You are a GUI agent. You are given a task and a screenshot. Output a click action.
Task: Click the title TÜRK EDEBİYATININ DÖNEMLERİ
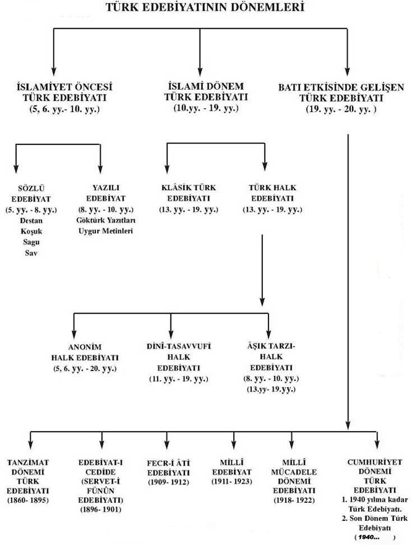[206, 8]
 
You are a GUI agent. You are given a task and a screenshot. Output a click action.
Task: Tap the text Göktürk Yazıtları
[105, 221]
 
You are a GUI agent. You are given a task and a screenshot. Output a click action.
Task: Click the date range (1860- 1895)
[29, 500]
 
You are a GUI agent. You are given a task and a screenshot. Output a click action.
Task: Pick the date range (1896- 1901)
[101, 509]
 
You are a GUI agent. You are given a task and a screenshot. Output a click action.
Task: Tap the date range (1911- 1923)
[232, 482]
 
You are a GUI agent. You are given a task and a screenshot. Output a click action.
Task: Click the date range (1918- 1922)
[295, 500]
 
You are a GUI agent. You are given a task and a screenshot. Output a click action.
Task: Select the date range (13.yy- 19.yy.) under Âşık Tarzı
[272, 388]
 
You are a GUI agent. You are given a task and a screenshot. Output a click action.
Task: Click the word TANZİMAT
[29, 462]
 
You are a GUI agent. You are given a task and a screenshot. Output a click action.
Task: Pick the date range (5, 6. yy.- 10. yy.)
[64, 109]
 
